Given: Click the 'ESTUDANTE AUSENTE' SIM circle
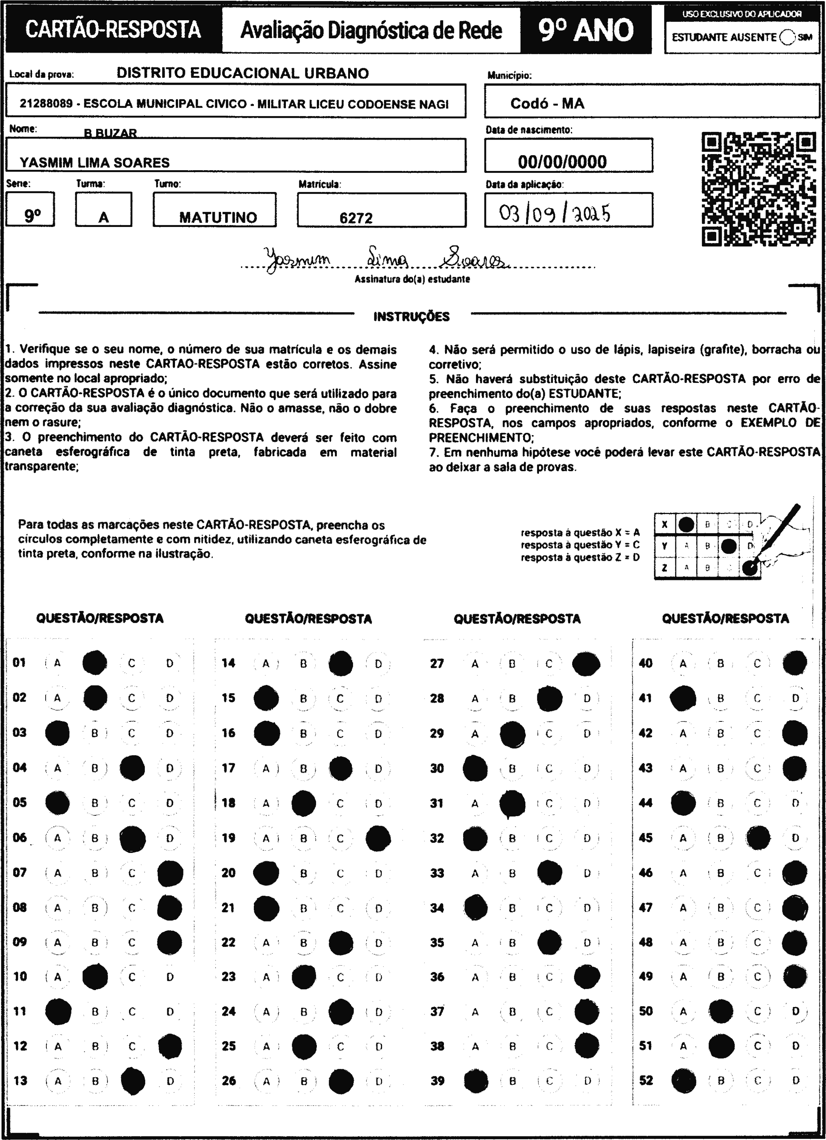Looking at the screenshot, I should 787,37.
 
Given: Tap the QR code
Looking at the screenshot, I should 759,189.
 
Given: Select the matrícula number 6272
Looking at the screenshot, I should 356,218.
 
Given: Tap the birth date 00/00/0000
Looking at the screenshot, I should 562,161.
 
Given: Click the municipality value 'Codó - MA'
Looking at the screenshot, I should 547,104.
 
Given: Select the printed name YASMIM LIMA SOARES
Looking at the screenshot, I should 95,162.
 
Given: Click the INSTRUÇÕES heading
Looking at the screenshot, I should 411,317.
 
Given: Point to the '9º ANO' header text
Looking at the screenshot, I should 586,31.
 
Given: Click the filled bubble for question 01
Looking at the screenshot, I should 95,662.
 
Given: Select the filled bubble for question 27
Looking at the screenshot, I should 586,664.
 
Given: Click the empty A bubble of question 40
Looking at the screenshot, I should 683,664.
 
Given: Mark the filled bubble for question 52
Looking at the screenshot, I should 684,1080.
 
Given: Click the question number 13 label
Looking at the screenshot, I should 21,1080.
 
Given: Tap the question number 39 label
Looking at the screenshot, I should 437,1080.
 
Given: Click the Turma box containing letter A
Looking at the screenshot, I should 104,210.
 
